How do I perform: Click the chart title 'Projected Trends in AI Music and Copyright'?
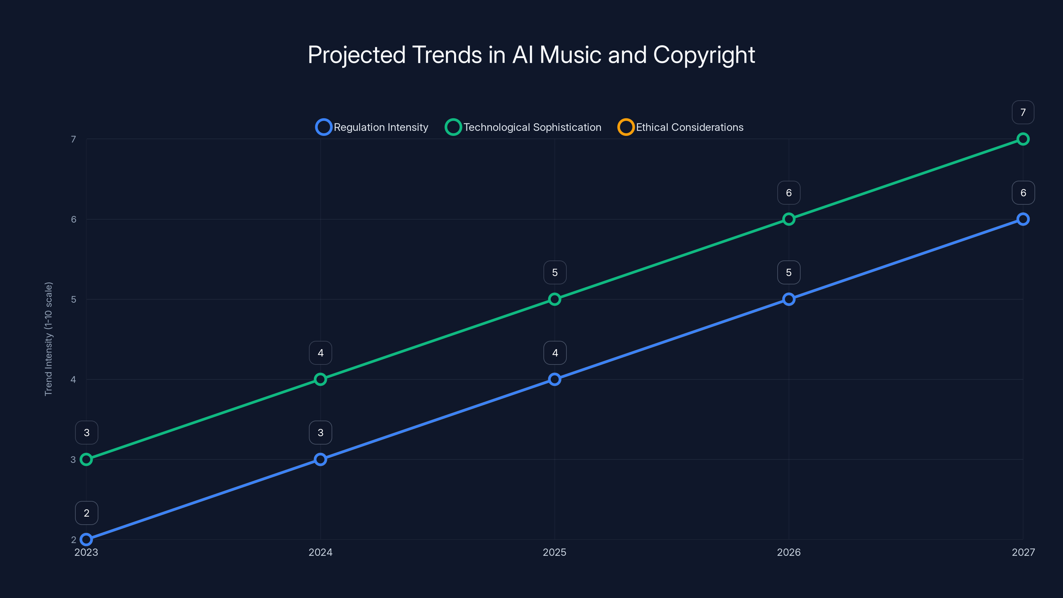531,55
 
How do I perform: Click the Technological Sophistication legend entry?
523,127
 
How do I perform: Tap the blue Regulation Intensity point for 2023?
86,540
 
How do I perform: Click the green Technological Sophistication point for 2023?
86,459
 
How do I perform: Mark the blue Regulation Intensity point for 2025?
555,379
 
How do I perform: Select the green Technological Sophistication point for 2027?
1023,139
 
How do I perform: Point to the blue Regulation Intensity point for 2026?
789,299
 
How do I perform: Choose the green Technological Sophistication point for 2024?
320,379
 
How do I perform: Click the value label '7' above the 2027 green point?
1023,112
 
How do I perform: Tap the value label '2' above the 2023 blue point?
87,513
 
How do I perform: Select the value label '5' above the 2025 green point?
555,272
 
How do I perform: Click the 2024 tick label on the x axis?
320,552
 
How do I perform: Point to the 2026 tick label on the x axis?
789,552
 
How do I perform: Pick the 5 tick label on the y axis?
73,299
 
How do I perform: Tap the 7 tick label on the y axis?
73,139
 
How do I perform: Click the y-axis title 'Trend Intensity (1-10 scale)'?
49,339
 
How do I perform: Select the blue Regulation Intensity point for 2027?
1023,219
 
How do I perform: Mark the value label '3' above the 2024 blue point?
320,433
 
